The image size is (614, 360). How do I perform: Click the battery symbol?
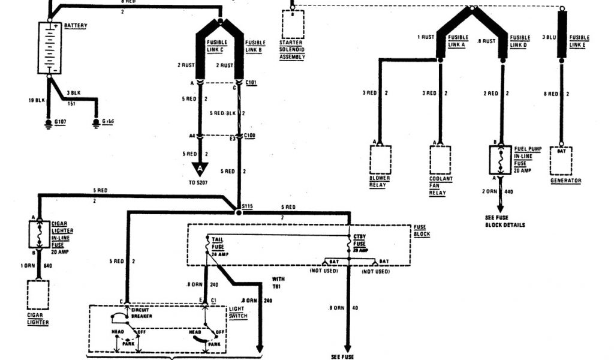pyautogui.click(x=50, y=48)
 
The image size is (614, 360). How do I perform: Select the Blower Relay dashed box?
pyautogui.click(x=380, y=160)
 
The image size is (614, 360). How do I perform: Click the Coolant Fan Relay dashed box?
pyautogui.click(x=440, y=160)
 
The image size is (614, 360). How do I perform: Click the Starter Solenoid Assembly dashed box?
pyautogui.click(x=293, y=24)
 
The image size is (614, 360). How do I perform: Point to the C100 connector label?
pyautogui.click(x=251, y=137)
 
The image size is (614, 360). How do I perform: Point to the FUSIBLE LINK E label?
pyautogui.click(x=579, y=41)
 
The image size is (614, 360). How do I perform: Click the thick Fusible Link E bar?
pyautogui.click(x=562, y=35)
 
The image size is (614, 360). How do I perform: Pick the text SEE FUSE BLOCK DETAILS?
pyautogui.click(x=506, y=221)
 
